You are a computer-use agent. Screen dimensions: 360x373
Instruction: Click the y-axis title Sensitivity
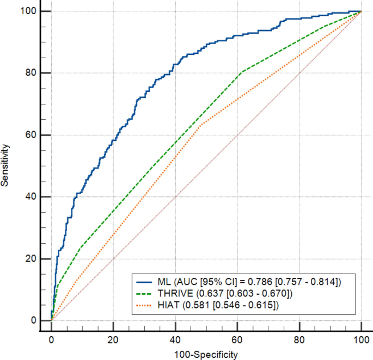(5, 165)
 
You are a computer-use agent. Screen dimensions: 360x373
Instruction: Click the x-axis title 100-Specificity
(206, 355)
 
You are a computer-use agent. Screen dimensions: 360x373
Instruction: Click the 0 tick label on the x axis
(51, 340)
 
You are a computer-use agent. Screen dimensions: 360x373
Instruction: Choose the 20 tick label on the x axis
(113, 340)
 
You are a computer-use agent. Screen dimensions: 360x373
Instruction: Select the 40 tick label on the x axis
(175, 340)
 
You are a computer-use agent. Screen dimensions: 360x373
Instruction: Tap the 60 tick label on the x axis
(237, 340)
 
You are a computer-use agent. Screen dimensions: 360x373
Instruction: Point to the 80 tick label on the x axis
(299, 340)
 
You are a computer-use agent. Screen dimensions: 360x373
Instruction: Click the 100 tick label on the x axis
(362, 340)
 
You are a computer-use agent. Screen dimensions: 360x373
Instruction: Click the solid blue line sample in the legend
(150, 281)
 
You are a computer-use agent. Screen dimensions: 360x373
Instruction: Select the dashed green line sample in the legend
(150, 294)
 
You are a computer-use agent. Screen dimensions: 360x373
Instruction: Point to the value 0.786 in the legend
(259, 281)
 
